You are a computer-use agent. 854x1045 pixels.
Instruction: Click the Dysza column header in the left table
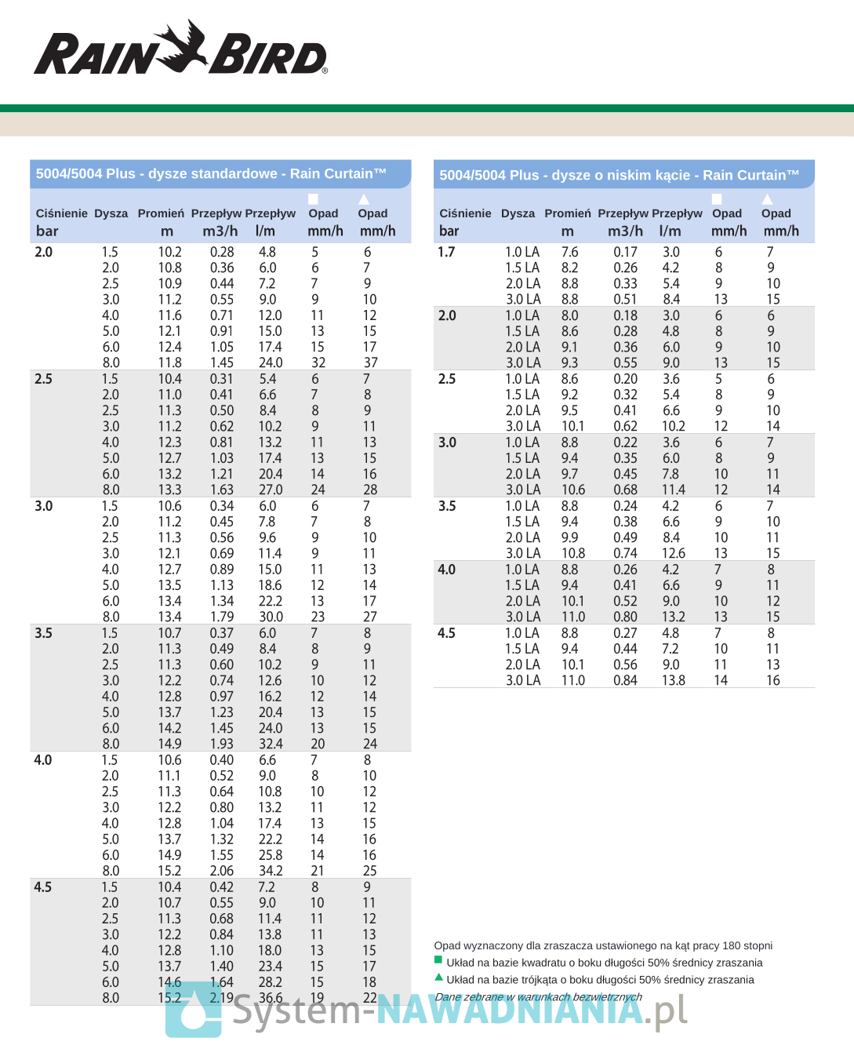[x=111, y=213]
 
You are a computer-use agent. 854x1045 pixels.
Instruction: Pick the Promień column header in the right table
[x=568, y=213]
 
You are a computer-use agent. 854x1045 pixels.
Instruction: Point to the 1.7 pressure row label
[x=446, y=252]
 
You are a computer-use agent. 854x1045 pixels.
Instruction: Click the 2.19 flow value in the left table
[x=222, y=998]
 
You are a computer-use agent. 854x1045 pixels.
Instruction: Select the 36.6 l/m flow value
[x=270, y=998]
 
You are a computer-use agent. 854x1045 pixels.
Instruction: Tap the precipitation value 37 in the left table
[x=370, y=362]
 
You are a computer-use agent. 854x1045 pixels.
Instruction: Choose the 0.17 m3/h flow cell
[x=625, y=252]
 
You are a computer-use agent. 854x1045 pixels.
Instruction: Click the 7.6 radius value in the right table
[x=569, y=252]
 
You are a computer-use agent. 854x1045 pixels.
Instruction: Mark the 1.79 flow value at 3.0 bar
[x=222, y=617]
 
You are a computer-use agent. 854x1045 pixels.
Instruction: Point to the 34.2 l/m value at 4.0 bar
[x=270, y=871]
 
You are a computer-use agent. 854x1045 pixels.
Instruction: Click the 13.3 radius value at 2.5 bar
[x=169, y=490]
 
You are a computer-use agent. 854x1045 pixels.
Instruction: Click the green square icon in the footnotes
[x=438, y=960]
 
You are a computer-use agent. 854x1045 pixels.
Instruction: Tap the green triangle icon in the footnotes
[x=438, y=978]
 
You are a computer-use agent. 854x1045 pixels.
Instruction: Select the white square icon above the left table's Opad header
[x=313, y=199]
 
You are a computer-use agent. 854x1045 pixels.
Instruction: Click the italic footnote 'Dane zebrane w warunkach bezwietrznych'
[x=538, y=997]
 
